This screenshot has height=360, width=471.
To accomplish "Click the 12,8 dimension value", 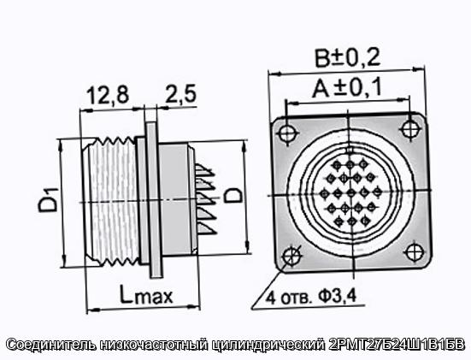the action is (108, 95).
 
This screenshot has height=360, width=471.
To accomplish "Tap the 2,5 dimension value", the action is (181, 93).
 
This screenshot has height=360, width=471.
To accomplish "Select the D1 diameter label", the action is (48, 199).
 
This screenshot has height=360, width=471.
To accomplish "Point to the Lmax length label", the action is (146, 295).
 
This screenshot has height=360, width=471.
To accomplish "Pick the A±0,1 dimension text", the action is (346, 87).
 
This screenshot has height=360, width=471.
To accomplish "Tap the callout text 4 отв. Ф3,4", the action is (311, 297).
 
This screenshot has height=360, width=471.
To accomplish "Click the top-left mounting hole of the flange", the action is (288, 133).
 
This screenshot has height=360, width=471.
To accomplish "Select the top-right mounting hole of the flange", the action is (409, 128).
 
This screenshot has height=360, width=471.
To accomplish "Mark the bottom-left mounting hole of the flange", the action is (291, 257).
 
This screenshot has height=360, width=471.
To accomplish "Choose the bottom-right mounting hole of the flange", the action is (415, 251).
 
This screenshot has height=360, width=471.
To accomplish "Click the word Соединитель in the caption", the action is (51, 345).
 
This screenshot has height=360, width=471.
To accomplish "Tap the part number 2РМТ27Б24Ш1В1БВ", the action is (397, 344).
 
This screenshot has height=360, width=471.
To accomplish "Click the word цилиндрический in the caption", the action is (269, 345).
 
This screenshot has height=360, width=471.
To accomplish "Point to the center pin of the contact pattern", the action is (350, 192).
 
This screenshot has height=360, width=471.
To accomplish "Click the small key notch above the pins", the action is (349, 150).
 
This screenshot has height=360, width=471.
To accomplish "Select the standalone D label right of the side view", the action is (234, 195).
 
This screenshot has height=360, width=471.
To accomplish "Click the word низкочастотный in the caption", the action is (154, 345).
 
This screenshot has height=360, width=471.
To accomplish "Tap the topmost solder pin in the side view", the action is (205, 170).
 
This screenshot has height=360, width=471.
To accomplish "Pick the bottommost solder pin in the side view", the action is (206, 227).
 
